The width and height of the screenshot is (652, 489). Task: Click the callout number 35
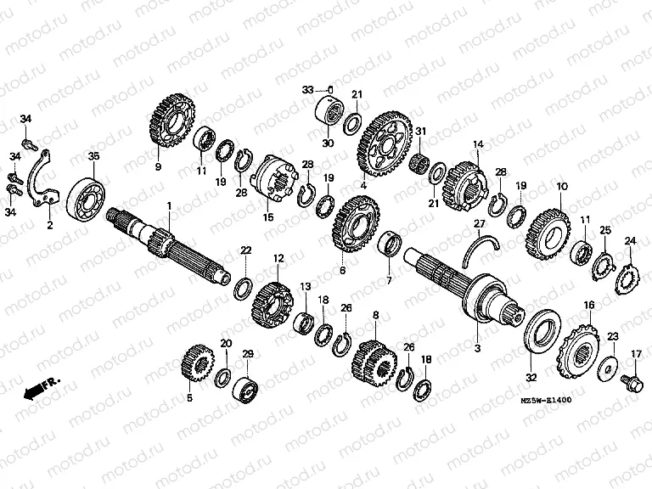click(x=93, y=155)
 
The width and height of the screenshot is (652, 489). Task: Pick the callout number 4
click(x=363, y=184)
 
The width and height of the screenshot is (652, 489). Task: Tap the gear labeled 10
click(x=553, y=227)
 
